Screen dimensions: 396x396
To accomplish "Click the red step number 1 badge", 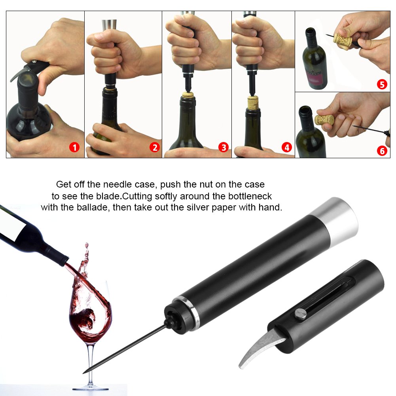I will (x=74, y=148).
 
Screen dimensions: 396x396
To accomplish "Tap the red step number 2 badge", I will (x=154, y=148).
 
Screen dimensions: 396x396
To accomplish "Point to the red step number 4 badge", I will (x=286, y=148).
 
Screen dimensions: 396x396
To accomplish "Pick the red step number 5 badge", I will (x=382, y=84).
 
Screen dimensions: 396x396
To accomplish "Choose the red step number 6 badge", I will (x=382, y=151).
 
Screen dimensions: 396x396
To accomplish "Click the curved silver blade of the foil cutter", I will (x=256, y=347).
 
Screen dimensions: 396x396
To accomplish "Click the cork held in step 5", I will (x=342, y=38).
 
